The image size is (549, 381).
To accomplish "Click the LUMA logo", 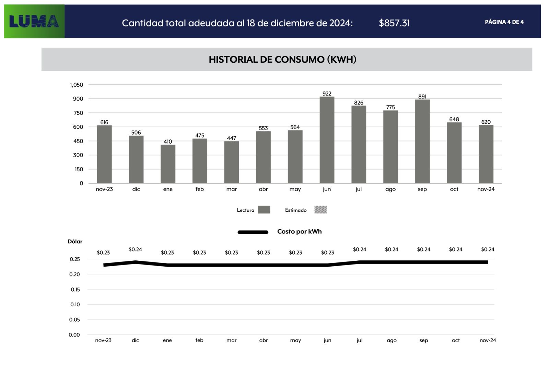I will pos(34,21).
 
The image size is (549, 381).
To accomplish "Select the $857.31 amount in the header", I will pos(394,23).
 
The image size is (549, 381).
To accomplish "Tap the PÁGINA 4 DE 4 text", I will pos(504,22).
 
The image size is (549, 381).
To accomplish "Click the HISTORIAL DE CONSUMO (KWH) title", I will pos(282,59).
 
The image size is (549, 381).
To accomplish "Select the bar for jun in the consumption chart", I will pos(327,140).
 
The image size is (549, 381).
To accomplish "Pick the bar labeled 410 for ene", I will pos(168,164).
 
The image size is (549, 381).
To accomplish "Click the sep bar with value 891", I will pos(422,141).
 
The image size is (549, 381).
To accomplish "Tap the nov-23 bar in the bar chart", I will pos(104,154).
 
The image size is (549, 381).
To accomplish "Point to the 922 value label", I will pos(327,94).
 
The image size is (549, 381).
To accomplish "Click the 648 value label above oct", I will pos(454,119).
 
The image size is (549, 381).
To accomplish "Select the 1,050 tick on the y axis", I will pos(77,85).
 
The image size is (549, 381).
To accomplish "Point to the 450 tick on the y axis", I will pos(78,141).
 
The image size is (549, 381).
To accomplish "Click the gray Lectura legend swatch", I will pos(264,210).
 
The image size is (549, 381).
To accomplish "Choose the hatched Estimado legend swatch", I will pos(320,210).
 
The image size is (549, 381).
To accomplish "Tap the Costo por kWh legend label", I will pos(299,232).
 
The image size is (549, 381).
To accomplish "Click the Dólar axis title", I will pos(75,242).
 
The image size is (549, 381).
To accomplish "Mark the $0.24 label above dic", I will pos(135,249).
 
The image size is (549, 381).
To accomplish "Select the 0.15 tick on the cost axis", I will pos(75,290).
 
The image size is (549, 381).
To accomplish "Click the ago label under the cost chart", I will pos(392,340).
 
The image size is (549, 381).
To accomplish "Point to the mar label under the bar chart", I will pos(231,189).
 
